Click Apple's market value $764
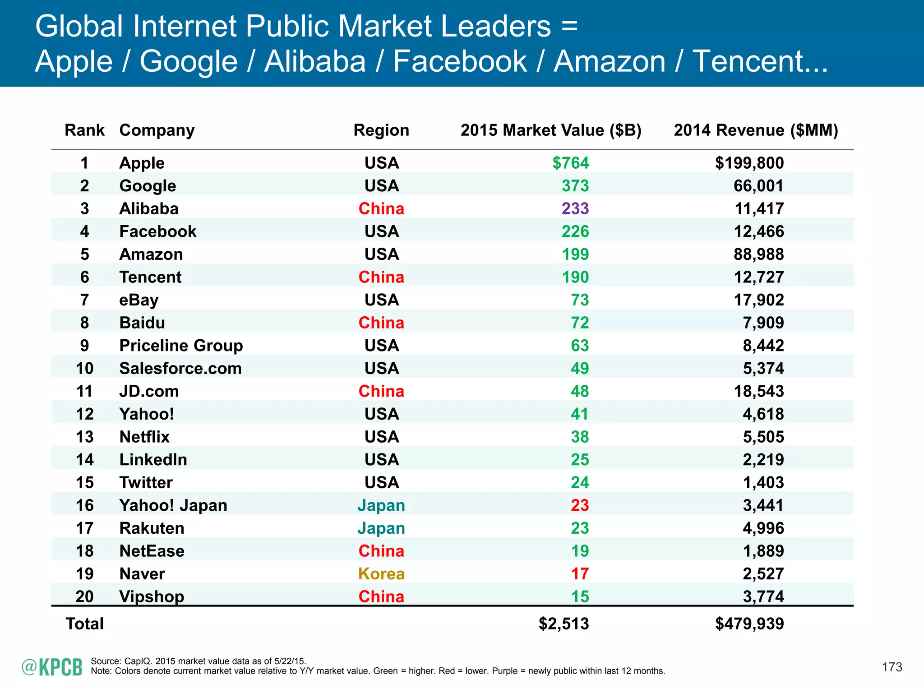pos(570,163)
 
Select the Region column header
pos(381,130)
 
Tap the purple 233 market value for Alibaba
pos(575,208)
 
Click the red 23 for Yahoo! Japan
pos(579,505)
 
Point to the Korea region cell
pos(381,574)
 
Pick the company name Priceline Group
pos(181,346)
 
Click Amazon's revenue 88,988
pos(758,254)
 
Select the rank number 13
pos(84,437)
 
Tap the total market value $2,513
pos(564,624)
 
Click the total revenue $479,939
pos(749,624)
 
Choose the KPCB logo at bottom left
pos(52,667)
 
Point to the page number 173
pos(892,667)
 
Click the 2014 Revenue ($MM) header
pos(756,130)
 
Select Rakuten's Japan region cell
pos(381,528)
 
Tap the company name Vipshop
pos(152,597)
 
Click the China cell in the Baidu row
pos(381,323)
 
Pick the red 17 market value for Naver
pos(579,574)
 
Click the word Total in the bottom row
pos(84,624)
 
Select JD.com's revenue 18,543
pos(758,391)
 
